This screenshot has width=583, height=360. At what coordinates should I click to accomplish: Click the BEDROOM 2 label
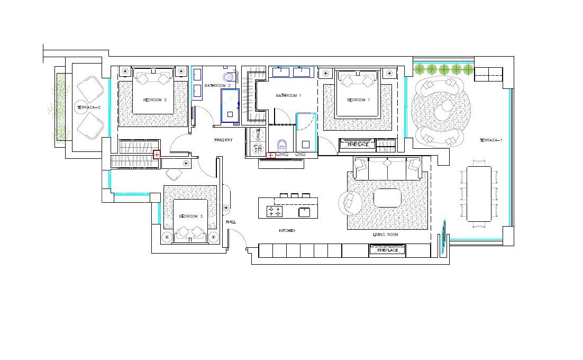[154, 100]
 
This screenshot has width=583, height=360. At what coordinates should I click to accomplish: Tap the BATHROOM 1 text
[288, 96]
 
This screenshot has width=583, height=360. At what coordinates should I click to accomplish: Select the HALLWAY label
[223, 140]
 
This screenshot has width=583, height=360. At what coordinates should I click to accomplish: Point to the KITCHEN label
[287, 231]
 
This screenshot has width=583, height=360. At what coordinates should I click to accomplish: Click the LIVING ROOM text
[385, 235]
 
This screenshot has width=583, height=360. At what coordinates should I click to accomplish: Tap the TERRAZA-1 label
[491, 140]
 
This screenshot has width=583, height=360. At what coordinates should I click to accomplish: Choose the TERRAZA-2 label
[88, 107]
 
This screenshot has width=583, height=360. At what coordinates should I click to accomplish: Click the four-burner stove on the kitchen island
[275, 211]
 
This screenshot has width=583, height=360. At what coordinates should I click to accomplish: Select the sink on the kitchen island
[304, 212]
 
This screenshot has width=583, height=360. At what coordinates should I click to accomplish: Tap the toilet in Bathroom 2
[229, 77]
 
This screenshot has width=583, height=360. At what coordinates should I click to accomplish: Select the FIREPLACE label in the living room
[387, 250]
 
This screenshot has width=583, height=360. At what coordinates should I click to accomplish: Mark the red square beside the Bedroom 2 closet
[157, 155]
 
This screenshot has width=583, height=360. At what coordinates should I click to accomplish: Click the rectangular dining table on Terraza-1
[479, 194]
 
